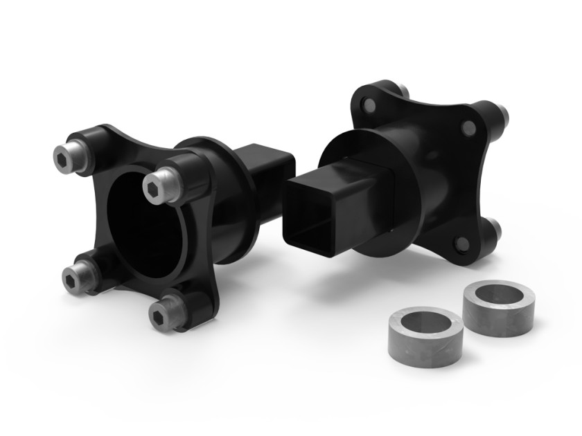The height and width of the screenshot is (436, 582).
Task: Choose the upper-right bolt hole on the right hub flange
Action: tap(468, 127)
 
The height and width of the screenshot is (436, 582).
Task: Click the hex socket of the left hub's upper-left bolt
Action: tap(62, 158)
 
